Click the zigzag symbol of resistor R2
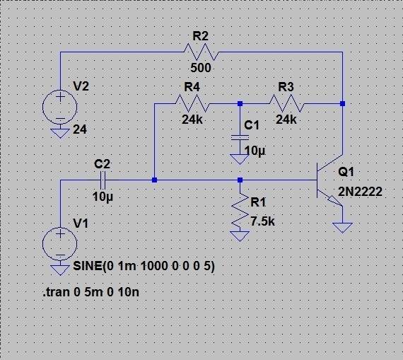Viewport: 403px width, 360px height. pos(201,52)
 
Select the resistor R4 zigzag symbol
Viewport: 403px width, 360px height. pos(192,103)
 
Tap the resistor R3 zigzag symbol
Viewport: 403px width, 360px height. pos(286,103)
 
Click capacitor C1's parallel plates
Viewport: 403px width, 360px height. pos(240,138)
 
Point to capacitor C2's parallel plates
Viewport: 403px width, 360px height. pos(103,180)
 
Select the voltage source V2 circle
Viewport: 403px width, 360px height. pos(60,107)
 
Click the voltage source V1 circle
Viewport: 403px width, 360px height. pos(60,244)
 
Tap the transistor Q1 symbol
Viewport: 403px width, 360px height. pos(329,180)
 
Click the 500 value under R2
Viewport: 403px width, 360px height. pos(201,68)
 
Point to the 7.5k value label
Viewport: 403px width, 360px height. pos(262,221)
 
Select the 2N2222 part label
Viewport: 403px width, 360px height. pos(360,192)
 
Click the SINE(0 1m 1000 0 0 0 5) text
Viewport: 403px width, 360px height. pos(144,266)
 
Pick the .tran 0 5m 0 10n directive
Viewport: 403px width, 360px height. pos(91,292)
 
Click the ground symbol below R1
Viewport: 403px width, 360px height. pos(240,236)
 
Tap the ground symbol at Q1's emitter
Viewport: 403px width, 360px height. pos(342,228)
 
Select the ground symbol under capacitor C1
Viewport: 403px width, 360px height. pos(240,159)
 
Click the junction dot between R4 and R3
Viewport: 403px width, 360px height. pos(240,104)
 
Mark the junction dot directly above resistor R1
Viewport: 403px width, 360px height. pos(240,180)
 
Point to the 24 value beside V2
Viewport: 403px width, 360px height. pos(80,129)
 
